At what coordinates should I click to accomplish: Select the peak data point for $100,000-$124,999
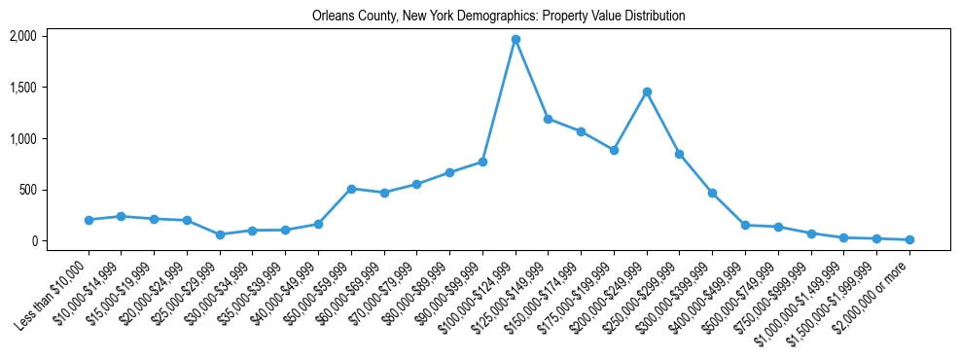point(516,39)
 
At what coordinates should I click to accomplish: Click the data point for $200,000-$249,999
point(647,91)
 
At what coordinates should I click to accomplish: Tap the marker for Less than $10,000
point(89,220)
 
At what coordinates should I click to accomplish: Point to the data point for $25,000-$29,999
point(220,234)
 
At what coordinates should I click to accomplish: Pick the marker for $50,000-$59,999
point(351,189)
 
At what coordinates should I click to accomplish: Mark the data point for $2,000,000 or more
point(909,239)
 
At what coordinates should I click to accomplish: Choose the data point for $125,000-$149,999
point(549,119)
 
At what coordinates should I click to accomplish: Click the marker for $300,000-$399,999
point(712,193)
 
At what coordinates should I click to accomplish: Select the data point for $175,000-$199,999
point(614,150)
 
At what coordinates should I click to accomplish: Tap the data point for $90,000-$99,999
point(482,162)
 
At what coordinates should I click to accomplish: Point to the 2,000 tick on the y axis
point(22,36)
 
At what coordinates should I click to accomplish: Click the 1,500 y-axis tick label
point(22,88)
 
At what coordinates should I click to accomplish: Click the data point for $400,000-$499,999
point(745,225)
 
